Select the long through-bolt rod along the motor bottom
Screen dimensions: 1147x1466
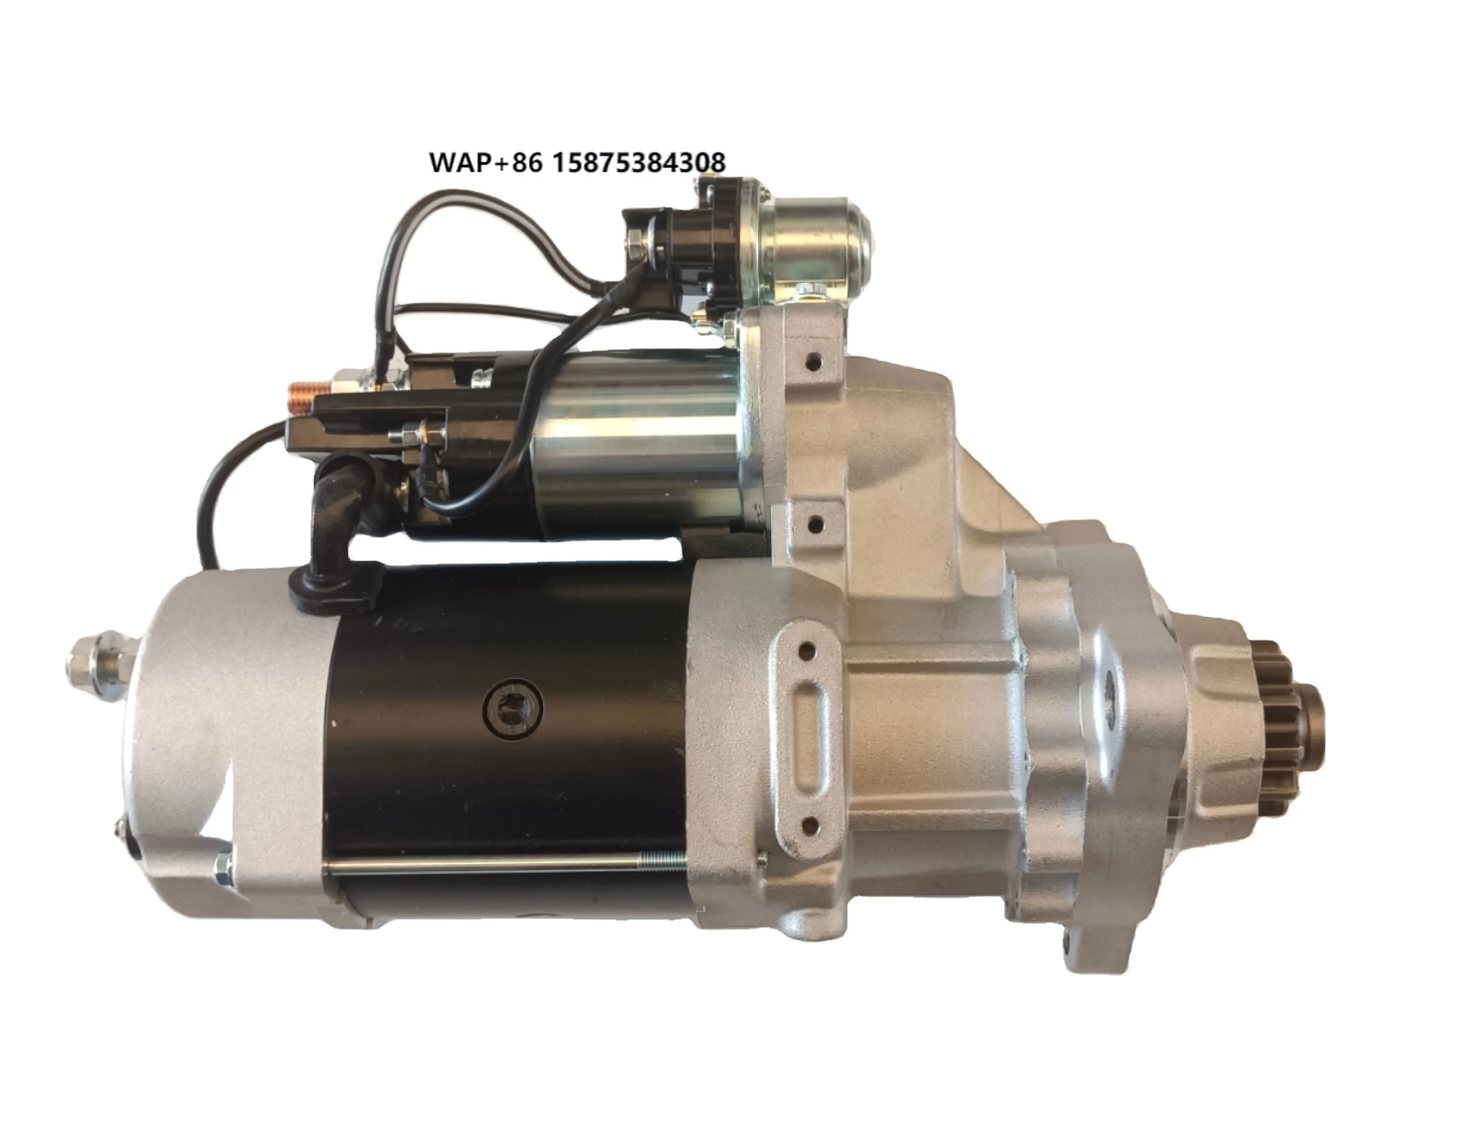[503, 865]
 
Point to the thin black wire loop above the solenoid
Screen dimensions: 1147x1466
[463, 201]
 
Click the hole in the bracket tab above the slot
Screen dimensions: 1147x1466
[808, 650]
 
